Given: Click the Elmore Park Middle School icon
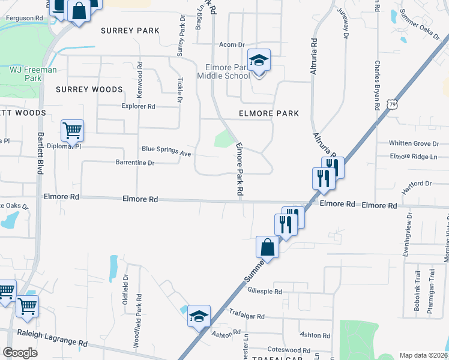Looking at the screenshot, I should point(259,61).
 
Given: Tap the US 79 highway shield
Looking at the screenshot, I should point(391,104).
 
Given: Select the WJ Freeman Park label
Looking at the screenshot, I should point(33,74).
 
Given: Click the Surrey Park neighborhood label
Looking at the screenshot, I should point(130,31).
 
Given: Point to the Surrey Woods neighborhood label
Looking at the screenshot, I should point(89,89).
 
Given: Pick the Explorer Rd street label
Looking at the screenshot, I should point(138,107).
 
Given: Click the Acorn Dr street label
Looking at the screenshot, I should point(232,44).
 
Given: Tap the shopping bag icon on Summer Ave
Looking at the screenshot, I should point(267,247).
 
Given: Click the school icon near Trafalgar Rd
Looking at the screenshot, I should point(199,316).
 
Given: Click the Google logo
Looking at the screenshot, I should point(20,353).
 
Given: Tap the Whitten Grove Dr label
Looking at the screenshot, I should point(414,143).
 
